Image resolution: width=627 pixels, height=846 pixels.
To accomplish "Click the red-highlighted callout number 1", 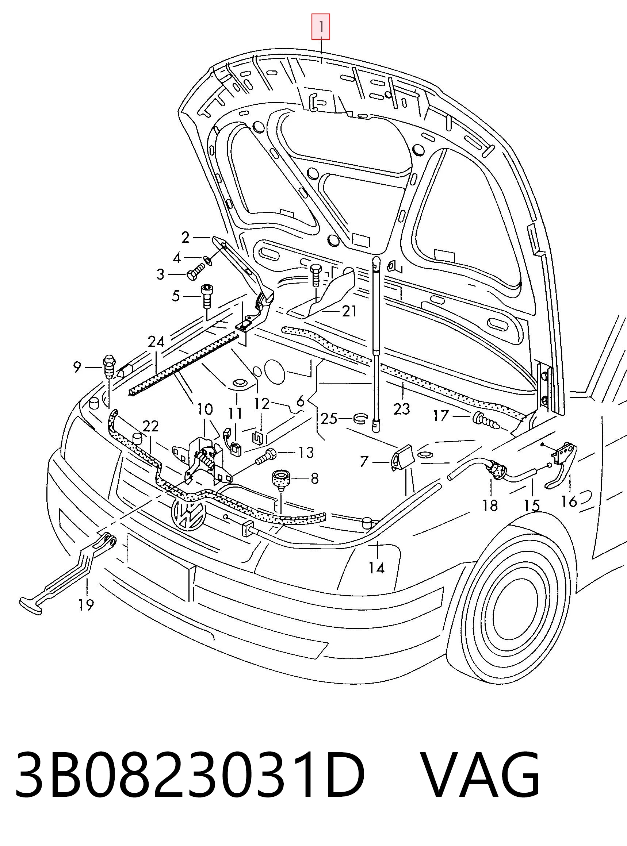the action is click(x=321, y=27).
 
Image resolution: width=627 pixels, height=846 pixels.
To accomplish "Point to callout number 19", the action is click(x=86, y=605).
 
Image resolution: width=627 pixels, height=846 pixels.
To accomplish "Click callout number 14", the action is click(x=376, y=568).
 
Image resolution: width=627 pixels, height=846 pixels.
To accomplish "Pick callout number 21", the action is click(x=349, y=311).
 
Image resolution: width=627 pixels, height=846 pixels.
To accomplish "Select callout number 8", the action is click(x=314, y=478).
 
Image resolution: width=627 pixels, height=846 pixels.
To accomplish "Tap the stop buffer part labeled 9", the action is click(x=108, y=366).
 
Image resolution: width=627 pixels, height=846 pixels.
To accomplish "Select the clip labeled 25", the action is click(x=360, y=419).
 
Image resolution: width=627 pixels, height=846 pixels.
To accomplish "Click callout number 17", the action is click(x=441, y=416).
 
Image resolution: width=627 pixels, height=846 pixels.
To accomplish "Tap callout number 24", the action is click(x=156, y=342).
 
